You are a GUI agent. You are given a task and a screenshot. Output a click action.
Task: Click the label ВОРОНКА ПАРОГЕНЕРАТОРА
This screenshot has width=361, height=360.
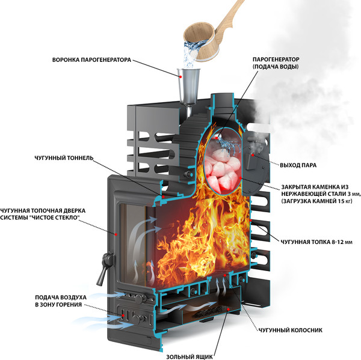pyautogui.click(x=91, y=60)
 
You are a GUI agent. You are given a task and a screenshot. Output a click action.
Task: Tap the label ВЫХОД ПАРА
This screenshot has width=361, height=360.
pyautogui.click(x=298, y=165)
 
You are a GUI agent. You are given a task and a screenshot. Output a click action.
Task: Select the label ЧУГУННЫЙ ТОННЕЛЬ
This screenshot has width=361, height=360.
pyautogui.click(x=64, y=158)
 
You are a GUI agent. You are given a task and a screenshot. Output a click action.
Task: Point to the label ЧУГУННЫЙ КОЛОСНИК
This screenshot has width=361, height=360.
pyautogui.click(x=291, y=330)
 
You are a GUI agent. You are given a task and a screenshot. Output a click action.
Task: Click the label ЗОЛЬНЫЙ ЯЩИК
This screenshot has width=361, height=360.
pyautogui.click(x=190, y=356)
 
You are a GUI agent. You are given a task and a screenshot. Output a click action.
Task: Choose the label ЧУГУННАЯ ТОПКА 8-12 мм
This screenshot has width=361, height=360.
pyautogui.click(x=316, y=242)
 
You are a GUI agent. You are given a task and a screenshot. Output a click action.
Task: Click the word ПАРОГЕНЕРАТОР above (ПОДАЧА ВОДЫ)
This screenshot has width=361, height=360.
pyautogui.click(x=276, y=59)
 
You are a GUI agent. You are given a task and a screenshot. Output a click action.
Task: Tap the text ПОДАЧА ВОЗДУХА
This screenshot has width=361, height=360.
pyautogui.click(x=61, y=297)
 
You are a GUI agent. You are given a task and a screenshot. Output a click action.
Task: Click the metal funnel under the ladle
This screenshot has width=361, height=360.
pyautogui.click(x=188, y=87)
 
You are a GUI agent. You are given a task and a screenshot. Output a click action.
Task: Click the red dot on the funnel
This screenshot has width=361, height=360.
pyautogui.click(x=180, y=76)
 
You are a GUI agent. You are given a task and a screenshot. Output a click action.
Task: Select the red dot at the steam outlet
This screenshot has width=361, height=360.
pyautogui.click(x=253, y=155)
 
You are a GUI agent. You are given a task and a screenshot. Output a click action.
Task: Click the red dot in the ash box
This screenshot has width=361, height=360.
pyautogui.click(x=228, y=310)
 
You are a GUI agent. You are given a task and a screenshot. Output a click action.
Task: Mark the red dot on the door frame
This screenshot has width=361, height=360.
pyautogui.click(x=116, y=234)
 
